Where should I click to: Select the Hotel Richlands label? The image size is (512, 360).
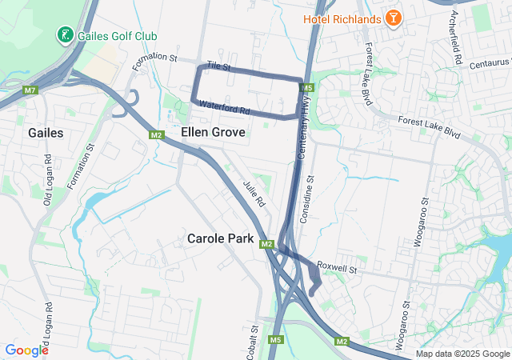(x=342, y=18)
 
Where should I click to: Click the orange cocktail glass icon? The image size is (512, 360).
(x=394, y=17)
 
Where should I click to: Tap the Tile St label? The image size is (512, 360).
(x=218, y=64)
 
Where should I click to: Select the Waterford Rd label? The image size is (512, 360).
(x=225, y=106)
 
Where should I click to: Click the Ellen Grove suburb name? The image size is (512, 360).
(x=213, y=131)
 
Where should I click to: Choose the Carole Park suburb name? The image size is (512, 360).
(x=220, y=238)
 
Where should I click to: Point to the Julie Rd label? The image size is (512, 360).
(x=254, y=194)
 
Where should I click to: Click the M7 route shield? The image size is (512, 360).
(x=30, y=90)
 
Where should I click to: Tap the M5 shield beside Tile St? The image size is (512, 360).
(x=308, y=86)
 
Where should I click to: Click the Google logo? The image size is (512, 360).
(x=26, y=350)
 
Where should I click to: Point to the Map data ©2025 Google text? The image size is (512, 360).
(x=462, y=354)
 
